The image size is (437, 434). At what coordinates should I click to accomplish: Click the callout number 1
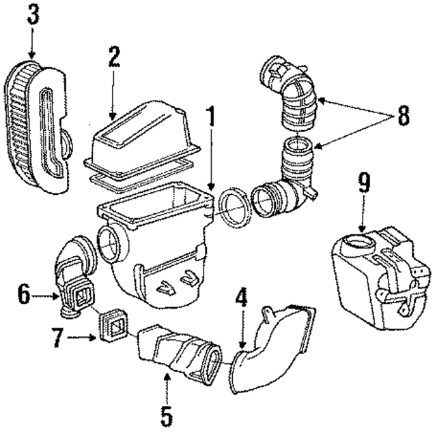click(x=211, y=118)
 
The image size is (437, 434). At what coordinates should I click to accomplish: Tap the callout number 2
click(x=113, y=57)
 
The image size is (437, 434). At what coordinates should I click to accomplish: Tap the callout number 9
click(x=364, y=183)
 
